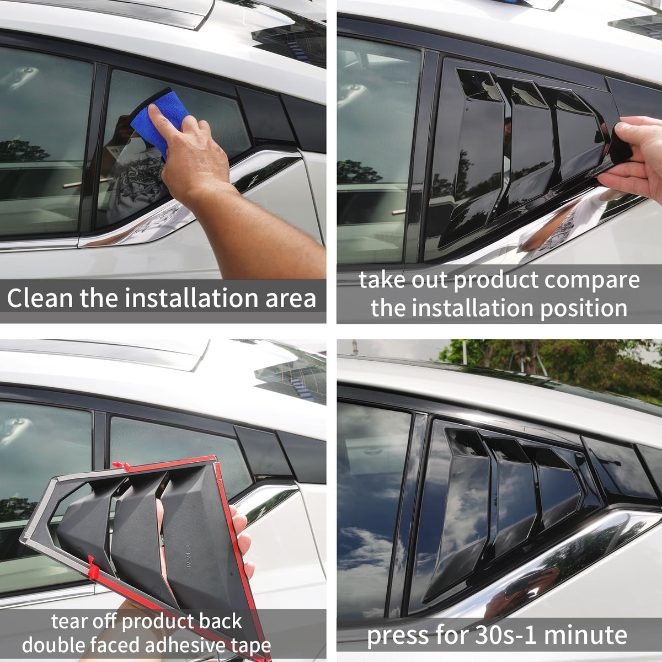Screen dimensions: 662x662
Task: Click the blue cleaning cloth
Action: click(x=162, y=119)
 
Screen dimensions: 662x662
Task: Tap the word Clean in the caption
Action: click(x=40, y=297)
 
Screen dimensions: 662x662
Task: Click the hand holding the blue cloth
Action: click(x=193, y=151)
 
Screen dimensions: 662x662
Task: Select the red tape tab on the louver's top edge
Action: click(x=121, y=466)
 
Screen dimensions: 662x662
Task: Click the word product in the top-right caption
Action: click(x=496, y=280)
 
